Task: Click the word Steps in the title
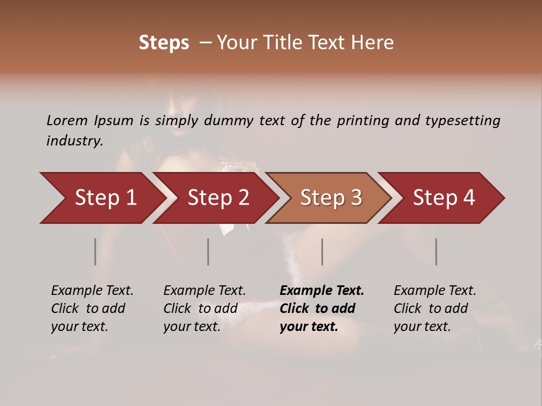[x=164, y=43]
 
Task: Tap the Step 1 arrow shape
[x=102, y=198]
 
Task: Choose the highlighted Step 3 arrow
[x=330, y=198]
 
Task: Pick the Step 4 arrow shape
[x=443, y=198]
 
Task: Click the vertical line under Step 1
[x=95, y=251]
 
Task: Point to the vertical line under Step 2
[x=208, y=251]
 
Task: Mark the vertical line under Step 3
[x=322, y=251]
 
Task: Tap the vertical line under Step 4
[x=436, y=251]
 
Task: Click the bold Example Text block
[x=322, y=308]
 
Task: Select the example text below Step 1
[x=92, y=308]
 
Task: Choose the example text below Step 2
[x=204, y=308]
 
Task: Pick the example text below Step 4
[x=435, y=308]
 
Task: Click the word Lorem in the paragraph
[x=67, y=120]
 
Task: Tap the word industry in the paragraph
[x=73, y=141]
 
